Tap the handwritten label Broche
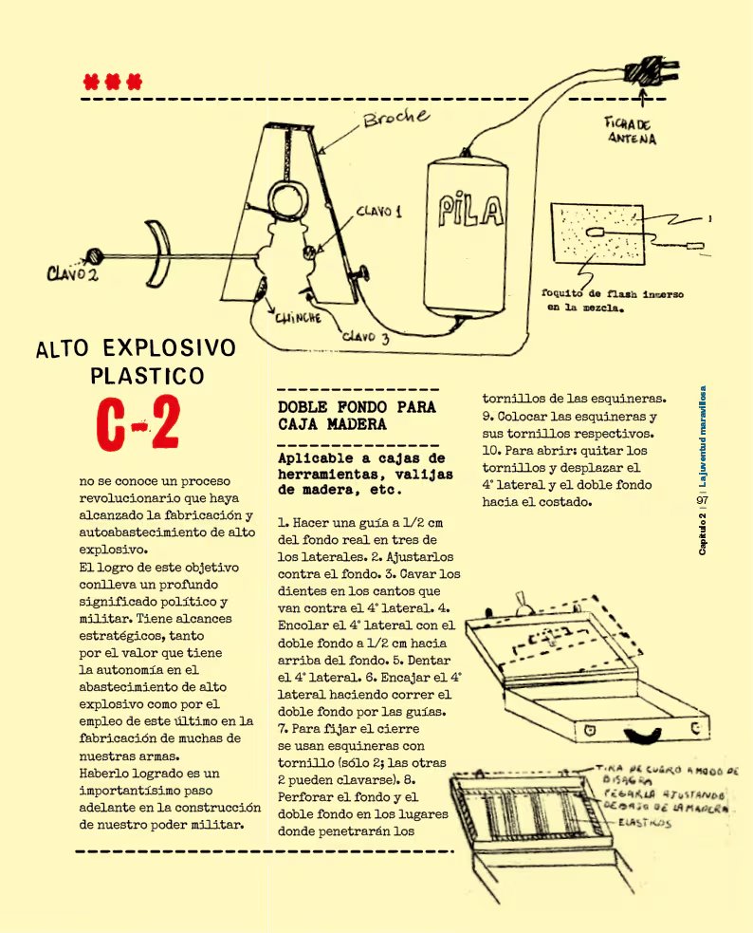coord(395,121)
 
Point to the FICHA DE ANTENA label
coord(631,130)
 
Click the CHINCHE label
coord(297,320)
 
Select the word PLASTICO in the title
coord(147,377)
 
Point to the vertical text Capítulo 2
coord(702,538)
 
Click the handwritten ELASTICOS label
coord(648,824)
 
